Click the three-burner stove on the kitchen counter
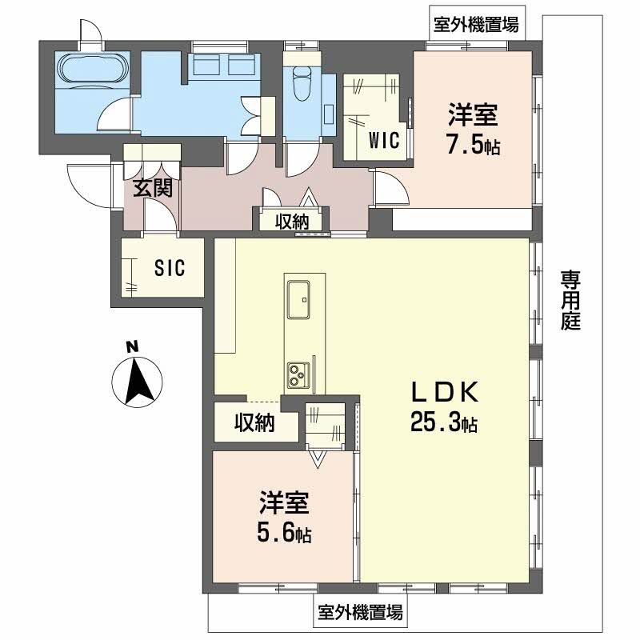298,374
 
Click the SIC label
170,268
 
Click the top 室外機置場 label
475,25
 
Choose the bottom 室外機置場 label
359,613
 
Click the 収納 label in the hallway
292,222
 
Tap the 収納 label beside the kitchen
254,422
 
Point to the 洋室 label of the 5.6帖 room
284,504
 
